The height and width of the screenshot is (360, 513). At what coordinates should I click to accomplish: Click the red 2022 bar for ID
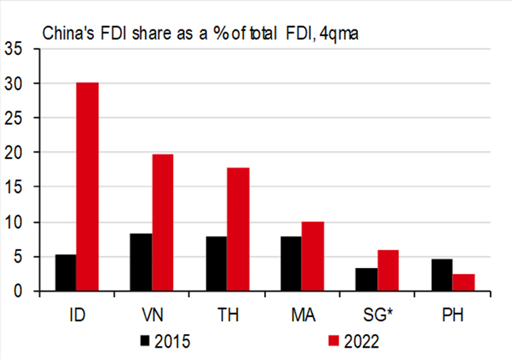pos(87,187)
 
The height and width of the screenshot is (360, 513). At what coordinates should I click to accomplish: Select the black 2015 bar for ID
pos(65,273)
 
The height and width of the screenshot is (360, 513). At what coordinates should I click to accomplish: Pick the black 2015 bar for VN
pos(141,262)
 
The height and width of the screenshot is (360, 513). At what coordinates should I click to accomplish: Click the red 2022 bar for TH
pos(238,230)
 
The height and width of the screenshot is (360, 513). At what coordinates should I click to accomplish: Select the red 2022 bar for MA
pos(313,256)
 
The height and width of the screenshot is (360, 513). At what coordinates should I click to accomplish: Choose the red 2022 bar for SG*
pos(388,271)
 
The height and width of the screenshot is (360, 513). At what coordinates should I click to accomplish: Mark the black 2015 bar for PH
pos(441,275)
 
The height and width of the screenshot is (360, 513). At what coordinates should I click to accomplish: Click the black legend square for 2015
pos(145,339)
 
